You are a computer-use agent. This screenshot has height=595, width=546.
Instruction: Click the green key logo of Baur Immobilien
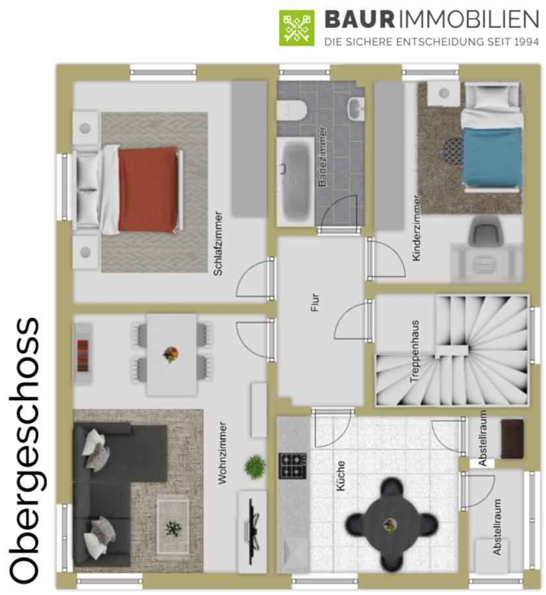296,28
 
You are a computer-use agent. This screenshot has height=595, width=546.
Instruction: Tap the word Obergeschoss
24,450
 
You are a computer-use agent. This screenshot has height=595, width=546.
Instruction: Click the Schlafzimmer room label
219,243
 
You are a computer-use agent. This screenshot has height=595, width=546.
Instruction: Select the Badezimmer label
322,157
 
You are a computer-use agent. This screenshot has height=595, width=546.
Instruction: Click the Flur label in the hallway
315,302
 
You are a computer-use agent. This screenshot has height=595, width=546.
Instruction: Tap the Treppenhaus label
415,352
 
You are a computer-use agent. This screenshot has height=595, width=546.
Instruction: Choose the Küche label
341,476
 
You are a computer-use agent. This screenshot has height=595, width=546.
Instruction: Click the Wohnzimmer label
222,453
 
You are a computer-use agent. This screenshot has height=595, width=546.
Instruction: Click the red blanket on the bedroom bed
148,189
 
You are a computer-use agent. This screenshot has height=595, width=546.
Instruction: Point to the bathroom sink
356,108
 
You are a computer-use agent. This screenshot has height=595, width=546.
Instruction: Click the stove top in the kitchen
292,465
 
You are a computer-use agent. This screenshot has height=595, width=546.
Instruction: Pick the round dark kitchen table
392,525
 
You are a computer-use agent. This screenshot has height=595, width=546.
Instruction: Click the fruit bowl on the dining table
171,354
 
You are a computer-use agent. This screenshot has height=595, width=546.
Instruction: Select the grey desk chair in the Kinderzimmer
485,230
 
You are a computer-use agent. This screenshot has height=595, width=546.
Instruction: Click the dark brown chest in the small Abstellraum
512,439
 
